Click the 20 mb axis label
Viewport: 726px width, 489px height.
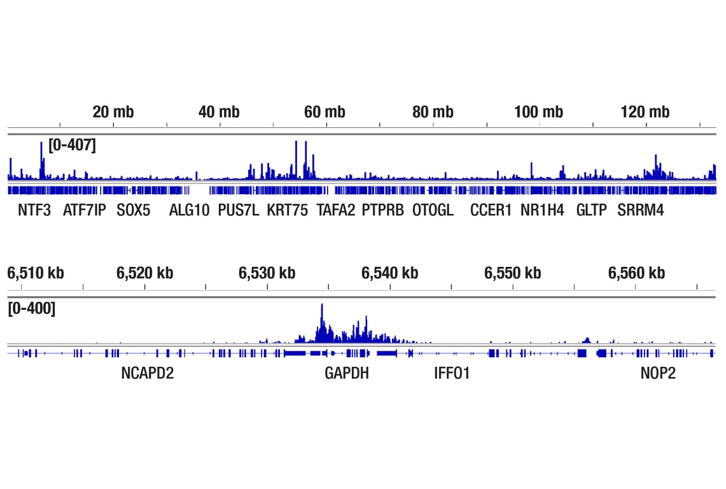tap(113, 112)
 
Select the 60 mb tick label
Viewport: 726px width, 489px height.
tap(325, 112)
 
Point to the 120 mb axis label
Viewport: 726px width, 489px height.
tap(645, 112)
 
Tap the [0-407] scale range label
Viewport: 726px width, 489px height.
tap(72, 145)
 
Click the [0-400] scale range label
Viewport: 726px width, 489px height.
tap(31, 309)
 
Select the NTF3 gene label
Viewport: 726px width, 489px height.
tap(34, 210)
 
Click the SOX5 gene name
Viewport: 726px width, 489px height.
tap(134, 210)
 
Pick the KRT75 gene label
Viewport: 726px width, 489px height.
tap(287, 210)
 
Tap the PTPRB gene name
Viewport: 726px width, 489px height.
tap(383, 210)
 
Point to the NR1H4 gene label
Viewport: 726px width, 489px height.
tap(542, 210)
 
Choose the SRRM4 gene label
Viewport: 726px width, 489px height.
tap(641, 210)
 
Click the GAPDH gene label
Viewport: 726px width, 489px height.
tap(347, 373)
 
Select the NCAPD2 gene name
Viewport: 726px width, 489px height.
tap(148, 373)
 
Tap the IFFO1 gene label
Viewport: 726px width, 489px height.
tap(452, 373)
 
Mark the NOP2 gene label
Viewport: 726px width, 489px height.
tap(658, 373)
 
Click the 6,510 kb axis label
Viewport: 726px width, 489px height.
tap(36, 273)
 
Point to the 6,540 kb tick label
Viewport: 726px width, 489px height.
tap(390, 273)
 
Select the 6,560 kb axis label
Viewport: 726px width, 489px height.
tap(637, 273)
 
